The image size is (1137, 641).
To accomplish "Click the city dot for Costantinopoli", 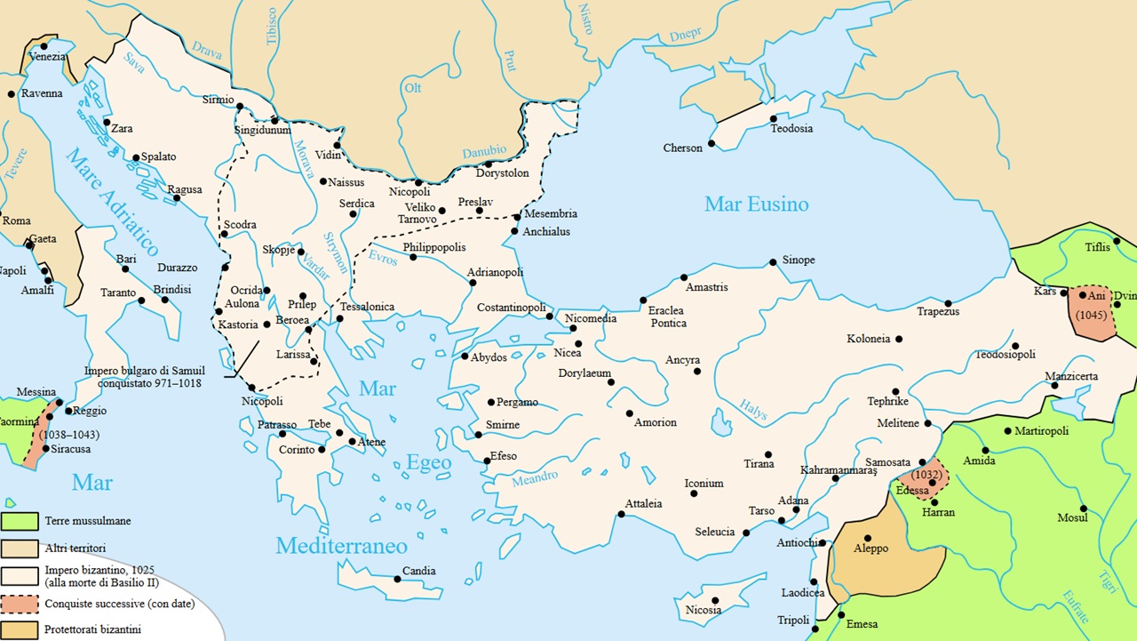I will click(550, 316).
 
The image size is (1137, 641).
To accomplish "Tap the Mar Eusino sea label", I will click(756, 204).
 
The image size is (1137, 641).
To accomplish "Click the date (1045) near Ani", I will click(1092, 315).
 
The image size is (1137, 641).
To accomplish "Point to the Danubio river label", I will click(484, 152).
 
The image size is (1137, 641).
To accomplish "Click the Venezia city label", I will click(47, 57).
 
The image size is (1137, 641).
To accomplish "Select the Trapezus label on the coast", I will click(938, 311).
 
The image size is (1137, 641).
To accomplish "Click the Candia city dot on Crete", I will click(397, 579).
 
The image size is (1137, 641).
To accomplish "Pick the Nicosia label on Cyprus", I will click(703, 610).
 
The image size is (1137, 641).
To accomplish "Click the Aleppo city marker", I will click(868, 538).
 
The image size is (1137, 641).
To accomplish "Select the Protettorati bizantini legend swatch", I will click(19, 630).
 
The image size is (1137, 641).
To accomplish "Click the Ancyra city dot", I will click(697, 371).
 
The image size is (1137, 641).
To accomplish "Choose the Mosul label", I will click(1071, 517).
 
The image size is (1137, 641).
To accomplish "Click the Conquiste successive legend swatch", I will click(19, 604).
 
